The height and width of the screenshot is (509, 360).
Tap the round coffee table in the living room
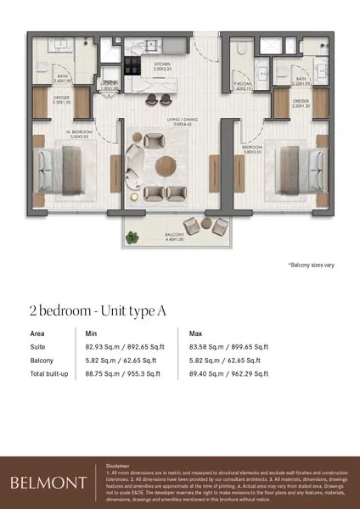click(164, 165)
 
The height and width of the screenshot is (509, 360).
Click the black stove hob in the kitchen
click(135, 63)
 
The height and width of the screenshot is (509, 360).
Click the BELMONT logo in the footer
click(48, 483)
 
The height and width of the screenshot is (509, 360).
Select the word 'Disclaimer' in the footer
click(119, 466)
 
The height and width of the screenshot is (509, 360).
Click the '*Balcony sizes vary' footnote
click(311, 266)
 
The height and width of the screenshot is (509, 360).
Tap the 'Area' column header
click(38, 333)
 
